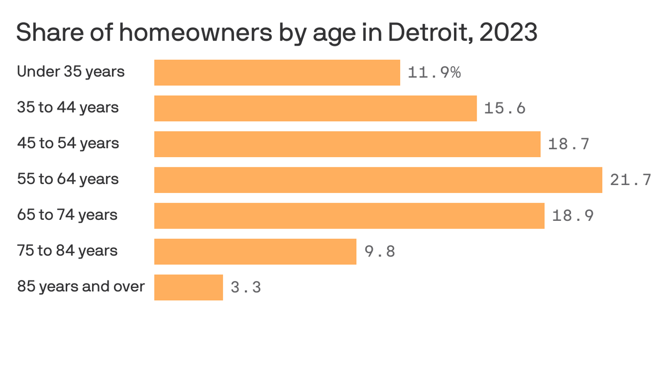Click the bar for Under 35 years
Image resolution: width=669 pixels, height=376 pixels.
(x=277, y=72)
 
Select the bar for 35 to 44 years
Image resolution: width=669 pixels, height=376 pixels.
(x=315, y=108)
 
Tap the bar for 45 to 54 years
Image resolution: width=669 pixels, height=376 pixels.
(x=347, y=144)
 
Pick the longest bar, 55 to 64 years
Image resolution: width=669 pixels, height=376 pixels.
(x=378, y=180)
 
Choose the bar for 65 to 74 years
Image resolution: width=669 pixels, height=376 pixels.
(x=349, y=215)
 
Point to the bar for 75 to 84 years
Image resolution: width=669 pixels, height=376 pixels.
(x=255, y=251)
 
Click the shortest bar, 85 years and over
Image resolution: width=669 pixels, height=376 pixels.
(x=189, y=287)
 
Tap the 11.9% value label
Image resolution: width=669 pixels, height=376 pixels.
(x=434, y=72)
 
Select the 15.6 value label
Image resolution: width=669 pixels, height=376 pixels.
(x=504, y=108)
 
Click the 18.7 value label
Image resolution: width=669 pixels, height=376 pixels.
(x=569, y=144)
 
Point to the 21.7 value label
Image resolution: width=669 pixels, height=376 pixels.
(x=630, y=180)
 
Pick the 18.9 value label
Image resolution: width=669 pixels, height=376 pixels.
(x=573, y=215)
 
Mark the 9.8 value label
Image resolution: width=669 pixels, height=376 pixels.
(x=380, y=251)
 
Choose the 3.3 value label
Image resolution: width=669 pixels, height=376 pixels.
(x=246, y=287)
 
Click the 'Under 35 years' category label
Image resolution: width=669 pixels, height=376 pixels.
(x=71, y=72)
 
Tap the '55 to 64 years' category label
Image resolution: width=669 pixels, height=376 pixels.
(x=68, y=179)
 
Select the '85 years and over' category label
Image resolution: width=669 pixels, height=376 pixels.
(x=81, y=286)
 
